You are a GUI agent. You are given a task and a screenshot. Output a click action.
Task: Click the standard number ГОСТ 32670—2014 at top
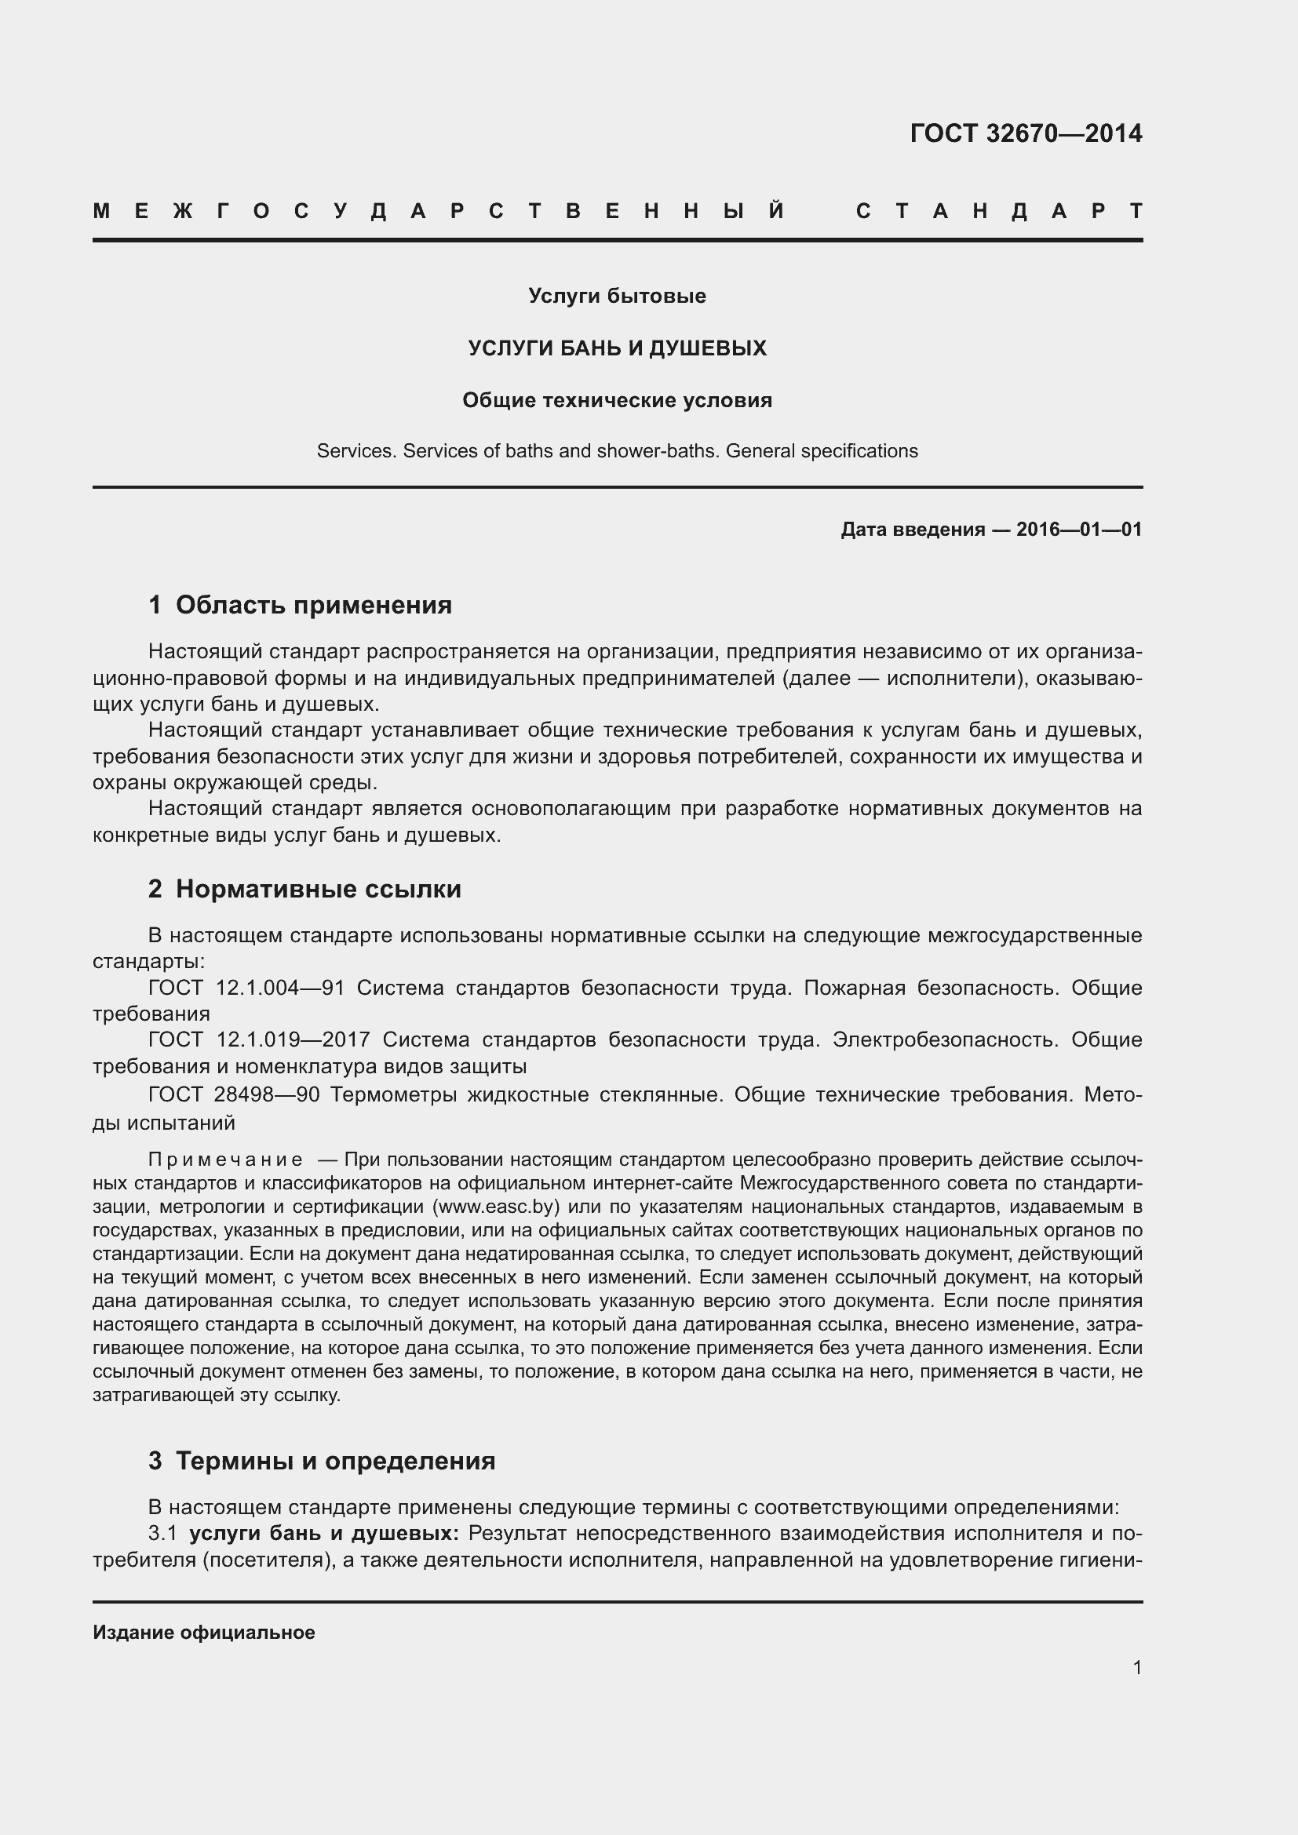click(x=1026, y=133)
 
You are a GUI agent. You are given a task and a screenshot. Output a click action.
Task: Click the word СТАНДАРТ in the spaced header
click(x=999, y=212)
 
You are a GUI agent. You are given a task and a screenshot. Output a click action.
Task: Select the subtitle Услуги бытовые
click(x=617, y=297)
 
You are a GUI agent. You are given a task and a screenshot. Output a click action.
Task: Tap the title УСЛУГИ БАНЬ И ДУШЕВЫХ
click(x=617, y=348)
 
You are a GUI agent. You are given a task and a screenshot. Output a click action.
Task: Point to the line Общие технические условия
click(x=617, y=400)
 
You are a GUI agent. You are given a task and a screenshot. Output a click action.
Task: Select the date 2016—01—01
click(x=1079, y=530)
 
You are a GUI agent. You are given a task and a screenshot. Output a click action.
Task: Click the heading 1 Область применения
click(x=301, y=605)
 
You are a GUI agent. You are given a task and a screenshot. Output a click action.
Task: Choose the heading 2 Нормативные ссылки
click(x=304, y=889)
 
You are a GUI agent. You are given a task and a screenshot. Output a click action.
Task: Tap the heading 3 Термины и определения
click(x=322, y=1461)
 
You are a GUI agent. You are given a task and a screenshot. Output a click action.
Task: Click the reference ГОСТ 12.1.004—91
click(x=246, y=988)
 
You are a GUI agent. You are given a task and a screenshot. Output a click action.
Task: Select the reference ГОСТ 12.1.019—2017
click(x=259, y=1040)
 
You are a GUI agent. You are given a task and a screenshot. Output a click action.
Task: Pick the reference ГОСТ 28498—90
click(x=233, y=1095)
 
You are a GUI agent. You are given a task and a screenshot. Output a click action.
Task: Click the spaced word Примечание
click(x=225, y=1160)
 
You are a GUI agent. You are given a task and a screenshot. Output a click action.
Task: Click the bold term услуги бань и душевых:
click(x=323, y=1534)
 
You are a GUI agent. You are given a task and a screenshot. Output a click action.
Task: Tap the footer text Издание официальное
click(x=204, y=1633)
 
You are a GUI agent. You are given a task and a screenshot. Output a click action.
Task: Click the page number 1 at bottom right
click(x=1136, y=1668)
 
